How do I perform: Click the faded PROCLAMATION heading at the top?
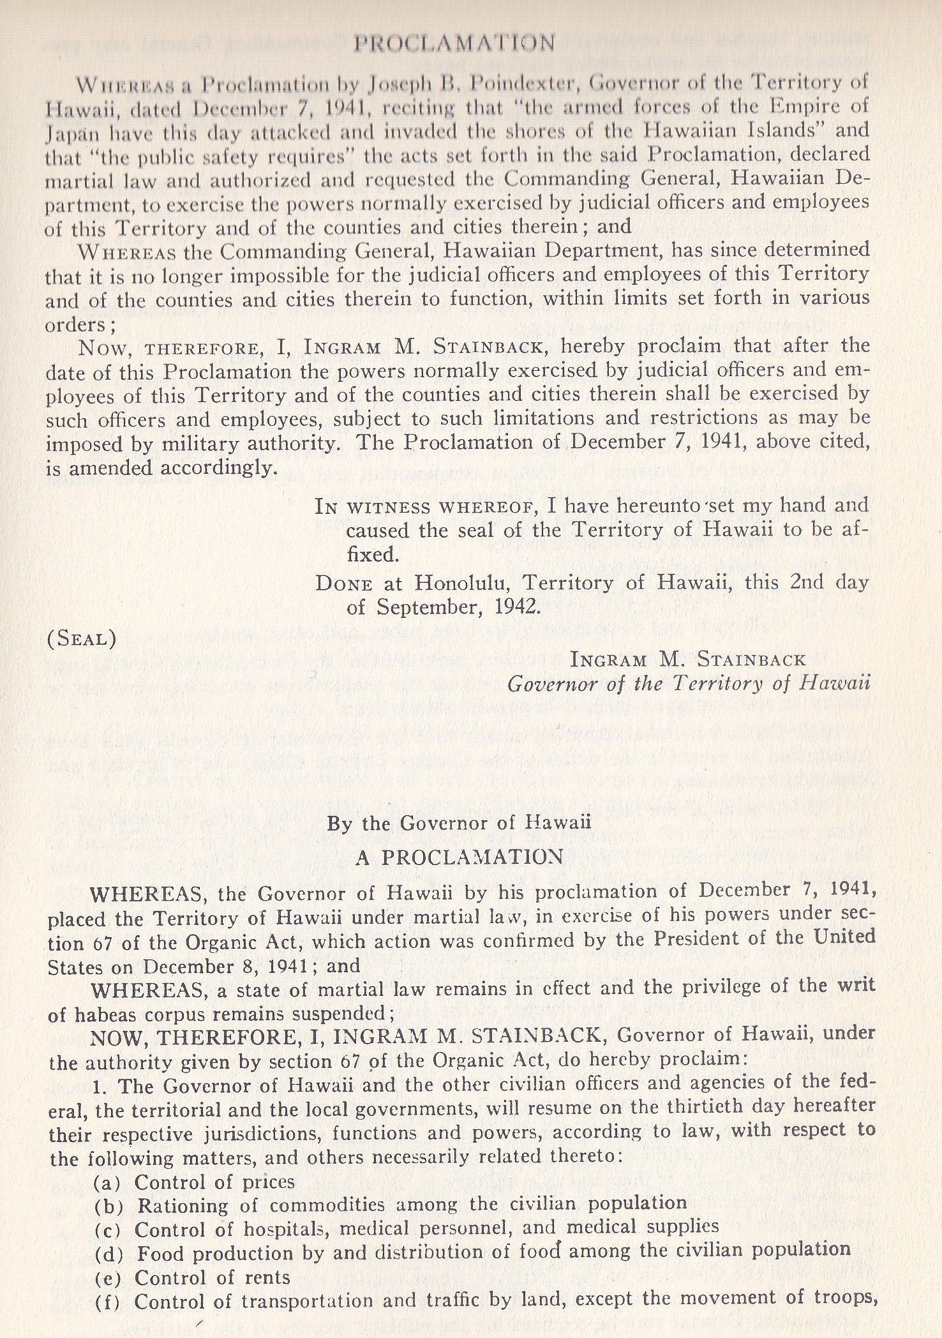pos(454,43)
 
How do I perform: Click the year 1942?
pos(517,606)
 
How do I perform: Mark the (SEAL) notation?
pos(82,639)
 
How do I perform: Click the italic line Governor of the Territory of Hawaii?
pos(689,685)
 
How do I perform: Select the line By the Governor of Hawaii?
pos(459,823)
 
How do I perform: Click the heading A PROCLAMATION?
pos(459,857)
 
